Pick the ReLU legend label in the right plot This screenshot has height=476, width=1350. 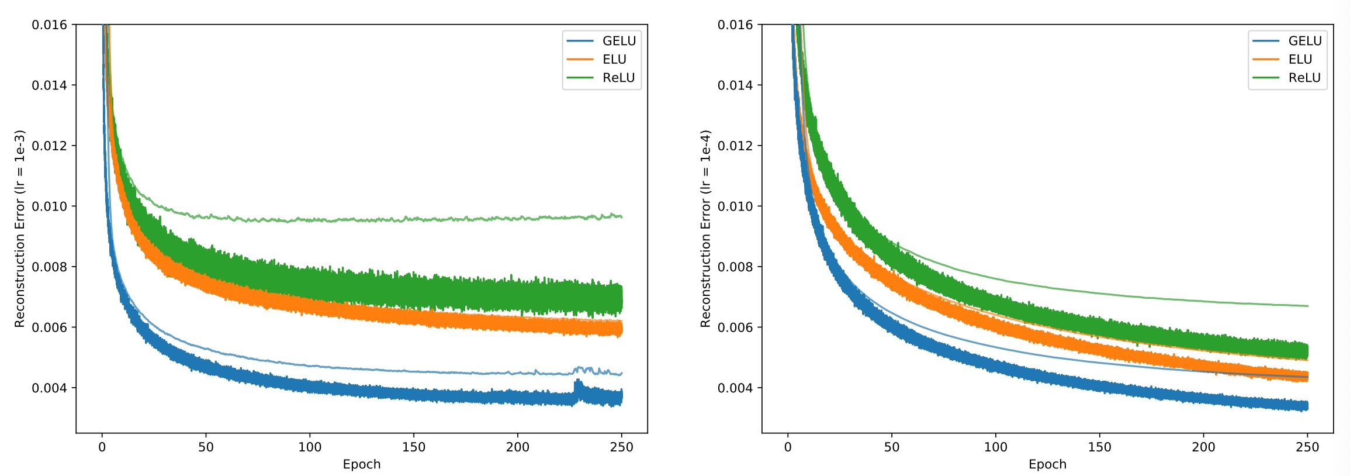point(1304,78)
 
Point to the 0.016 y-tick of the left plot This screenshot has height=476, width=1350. point(49,25)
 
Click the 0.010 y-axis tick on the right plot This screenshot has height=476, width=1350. point(735,206)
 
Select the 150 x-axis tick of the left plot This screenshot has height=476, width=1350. point(414,447)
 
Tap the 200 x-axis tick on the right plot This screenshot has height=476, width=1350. point(1203,447)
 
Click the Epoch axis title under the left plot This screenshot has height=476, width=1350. point(361,464)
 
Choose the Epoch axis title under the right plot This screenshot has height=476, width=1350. point(1047,464)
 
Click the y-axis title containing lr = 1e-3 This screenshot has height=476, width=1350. point(20,228)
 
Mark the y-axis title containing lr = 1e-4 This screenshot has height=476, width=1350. point(705,228)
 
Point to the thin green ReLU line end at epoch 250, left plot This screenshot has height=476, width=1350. point(621,217)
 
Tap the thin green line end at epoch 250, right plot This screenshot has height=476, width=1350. point(1307,306)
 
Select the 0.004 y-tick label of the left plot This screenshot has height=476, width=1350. point(49,388)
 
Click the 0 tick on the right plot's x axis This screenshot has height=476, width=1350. point(788,447)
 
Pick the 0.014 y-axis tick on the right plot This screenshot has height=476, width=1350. point(735,85)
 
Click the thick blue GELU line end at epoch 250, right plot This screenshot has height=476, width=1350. point(1307,406)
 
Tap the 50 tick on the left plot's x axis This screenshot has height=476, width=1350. point(206,447)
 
